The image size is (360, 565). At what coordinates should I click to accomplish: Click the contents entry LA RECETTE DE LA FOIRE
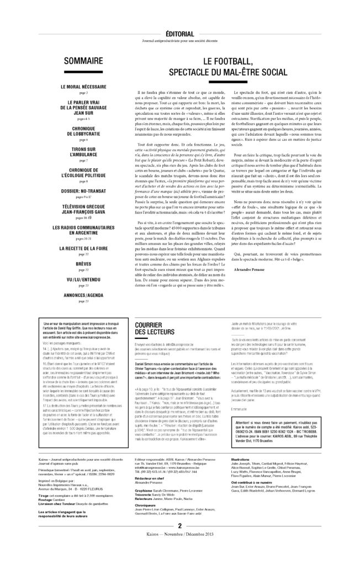tap(79, 248)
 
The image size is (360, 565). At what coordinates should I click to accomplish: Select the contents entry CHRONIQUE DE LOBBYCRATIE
tap(79, 131)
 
